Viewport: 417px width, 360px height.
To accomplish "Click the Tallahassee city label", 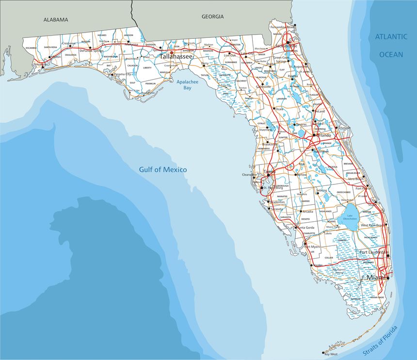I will click(x=176, y=57).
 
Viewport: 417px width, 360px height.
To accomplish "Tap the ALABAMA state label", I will click(x=56, y=20).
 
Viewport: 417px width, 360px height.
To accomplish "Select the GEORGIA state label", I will click(x=212, y=16).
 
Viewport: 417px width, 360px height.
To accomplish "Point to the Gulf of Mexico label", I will click(x=163, y=169).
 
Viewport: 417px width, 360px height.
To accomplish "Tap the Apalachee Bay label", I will click(x=184, y=85).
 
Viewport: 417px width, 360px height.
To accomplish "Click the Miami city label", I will click(x=377, y=277).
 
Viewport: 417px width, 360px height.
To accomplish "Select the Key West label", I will click(x=331, y=354).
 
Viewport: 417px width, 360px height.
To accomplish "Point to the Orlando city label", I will click(x=323, y=135).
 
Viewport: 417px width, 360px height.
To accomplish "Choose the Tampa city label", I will click(x=269, y=171).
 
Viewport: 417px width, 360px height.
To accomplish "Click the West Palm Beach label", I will click(x=373, y=226).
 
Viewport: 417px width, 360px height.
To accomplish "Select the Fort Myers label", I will click(x=312, y=246).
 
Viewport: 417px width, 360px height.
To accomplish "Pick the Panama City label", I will click(x=122, y=74).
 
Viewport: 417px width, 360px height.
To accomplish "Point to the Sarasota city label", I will click(x=276, y=209).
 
